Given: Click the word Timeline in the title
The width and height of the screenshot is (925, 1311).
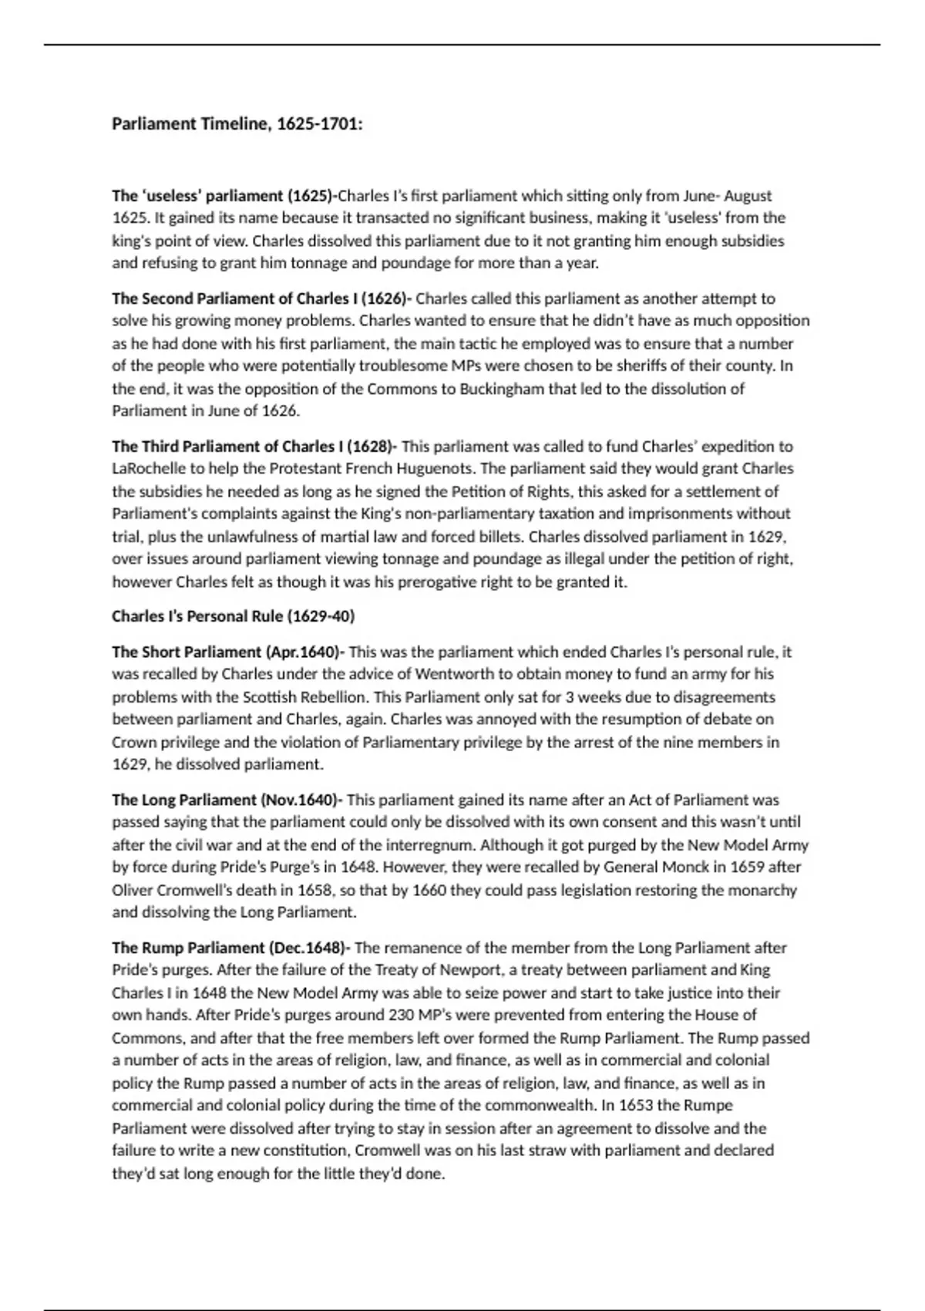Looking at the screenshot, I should click(x=234, y=124).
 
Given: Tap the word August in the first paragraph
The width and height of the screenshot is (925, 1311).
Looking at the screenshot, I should click(x=748, y=196).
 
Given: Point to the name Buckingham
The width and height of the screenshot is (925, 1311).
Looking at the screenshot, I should click(x=502, y=389).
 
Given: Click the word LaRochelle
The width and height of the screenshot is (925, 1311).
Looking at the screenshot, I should click(x=146, y=469).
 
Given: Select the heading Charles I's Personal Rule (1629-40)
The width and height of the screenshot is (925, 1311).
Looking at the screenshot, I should click(x=233, y=617).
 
